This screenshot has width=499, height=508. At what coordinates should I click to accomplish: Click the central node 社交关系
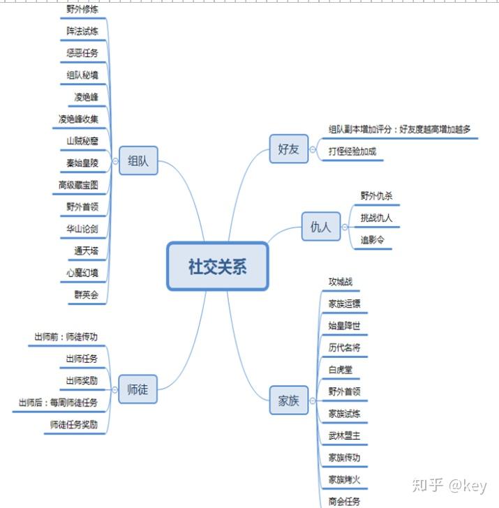click(x=217, y=266)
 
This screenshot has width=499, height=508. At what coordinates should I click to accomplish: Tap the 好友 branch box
click(x=288, y=149)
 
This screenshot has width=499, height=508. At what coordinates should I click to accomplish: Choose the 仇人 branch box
click(x=320, y=227)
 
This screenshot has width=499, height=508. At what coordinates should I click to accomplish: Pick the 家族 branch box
click(x=288, y=401)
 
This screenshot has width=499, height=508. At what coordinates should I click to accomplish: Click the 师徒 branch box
click(x=137, y=389)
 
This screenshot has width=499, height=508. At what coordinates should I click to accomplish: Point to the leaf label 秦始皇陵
click(x=82, y=163)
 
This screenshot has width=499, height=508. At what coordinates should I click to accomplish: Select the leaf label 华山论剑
click(x=82, y=228)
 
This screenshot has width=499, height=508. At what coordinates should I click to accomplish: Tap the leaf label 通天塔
click(x=86, y=251)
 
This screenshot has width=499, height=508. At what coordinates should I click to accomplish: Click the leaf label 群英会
click(x=86, y=295)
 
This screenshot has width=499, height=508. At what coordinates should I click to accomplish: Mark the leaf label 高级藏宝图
click(x=78, y=185)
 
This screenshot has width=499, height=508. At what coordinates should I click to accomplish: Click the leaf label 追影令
click(x=372, y=240)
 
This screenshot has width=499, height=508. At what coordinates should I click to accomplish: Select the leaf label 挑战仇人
click(x=376, y=218)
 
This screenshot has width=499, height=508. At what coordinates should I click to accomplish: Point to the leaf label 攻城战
click(x=341, y=282)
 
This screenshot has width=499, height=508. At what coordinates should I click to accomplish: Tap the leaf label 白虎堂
click(x=341, y=369)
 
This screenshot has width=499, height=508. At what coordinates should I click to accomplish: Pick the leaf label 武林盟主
click(x=345, y=435)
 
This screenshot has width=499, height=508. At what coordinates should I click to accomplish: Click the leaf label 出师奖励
click(x=82, y=381)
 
